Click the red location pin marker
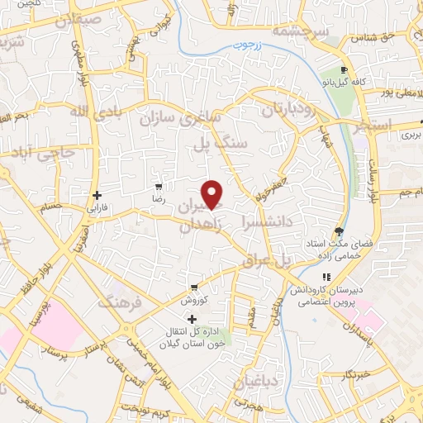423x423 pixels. click(x=213, y=193)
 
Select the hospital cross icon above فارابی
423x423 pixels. click(x=97, y=196)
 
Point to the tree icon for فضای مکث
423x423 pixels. click(x=338, y=232)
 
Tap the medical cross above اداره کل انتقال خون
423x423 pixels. click(x=192, y=319)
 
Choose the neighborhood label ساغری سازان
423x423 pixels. click(x=183, y=116)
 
